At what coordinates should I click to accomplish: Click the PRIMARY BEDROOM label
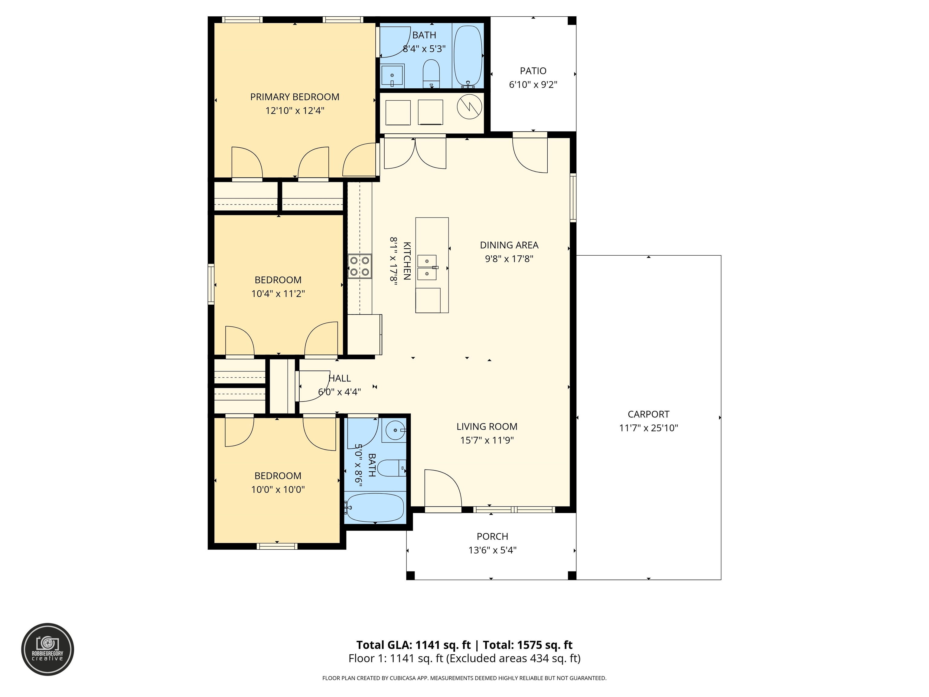pos(295,97)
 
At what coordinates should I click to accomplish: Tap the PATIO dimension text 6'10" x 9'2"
pos(533,84)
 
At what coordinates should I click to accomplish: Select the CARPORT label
pos(648,414)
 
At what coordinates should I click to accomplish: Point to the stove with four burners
pos(360,266)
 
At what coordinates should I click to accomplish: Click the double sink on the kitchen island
pos(427,267)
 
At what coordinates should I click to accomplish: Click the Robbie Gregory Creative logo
pos(47,650)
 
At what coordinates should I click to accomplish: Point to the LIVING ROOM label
pos(487,427)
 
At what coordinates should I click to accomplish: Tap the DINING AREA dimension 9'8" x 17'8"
pos(509,259)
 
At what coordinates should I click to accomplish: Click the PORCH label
pos(492,536)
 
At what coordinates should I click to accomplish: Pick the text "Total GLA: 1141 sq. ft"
pos(414,645)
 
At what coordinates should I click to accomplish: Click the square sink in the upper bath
pos(392,76)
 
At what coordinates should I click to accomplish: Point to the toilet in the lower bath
pos(392,468)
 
